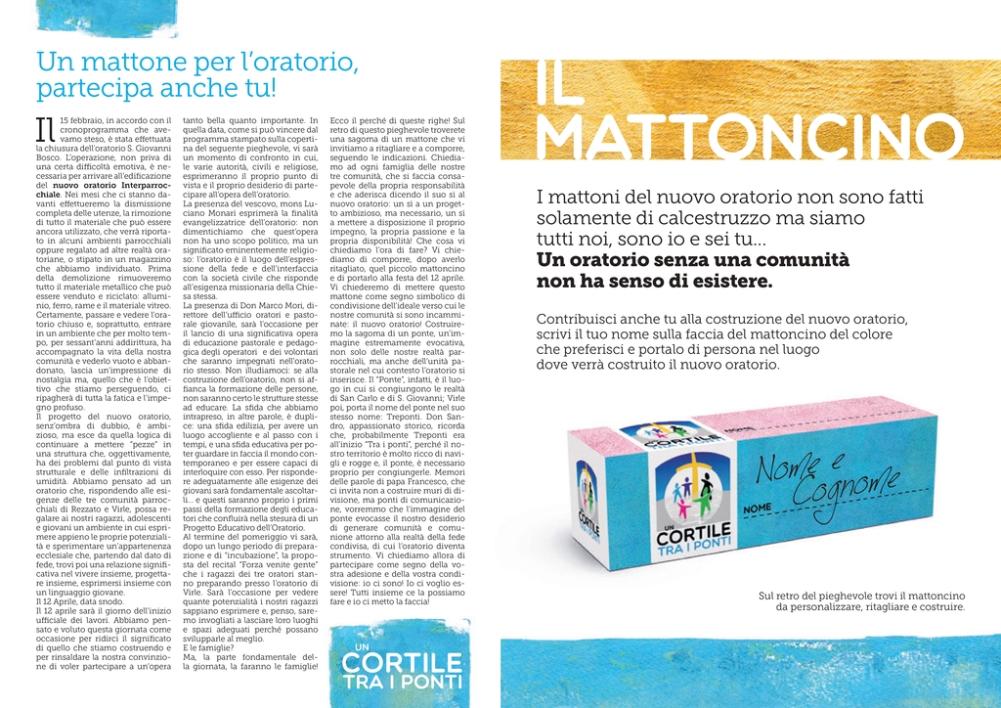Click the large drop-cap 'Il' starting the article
pyautogui.click(x=45, y=129)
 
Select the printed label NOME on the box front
pyautogui.click(x=757, y=509)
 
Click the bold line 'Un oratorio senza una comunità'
pyautogui.click(x=693, y=260)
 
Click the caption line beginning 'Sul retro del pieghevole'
pyautogui.click(x=861, y=596)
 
